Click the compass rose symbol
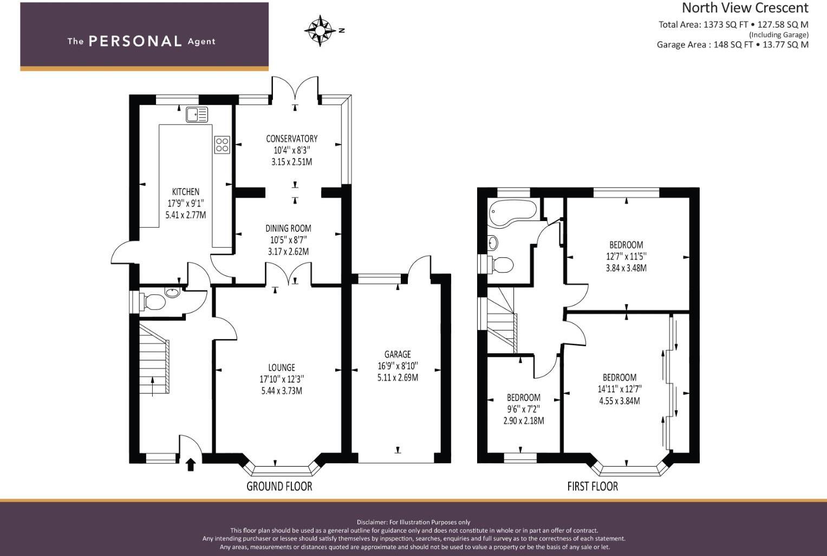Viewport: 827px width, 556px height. (x=320, y=31)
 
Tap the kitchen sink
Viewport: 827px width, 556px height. (x=197, y=114)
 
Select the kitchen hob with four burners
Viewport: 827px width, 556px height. (x=222, y=145)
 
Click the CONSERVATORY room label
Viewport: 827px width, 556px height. (x=292, y=139)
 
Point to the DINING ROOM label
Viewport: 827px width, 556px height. (x=288, y=228)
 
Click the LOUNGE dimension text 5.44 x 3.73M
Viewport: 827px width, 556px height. (x=282, y=391)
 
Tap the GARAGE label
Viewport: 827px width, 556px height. (x=398, y=354)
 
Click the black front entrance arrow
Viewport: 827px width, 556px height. (x=191, y=464)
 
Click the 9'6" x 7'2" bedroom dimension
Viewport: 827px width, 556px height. (x=524, y=409)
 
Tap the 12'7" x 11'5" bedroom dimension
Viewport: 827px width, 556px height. (x=626, y=256)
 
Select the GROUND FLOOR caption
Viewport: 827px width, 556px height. (x=279, y=486)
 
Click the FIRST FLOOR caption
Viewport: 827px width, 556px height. (x=592, y=486)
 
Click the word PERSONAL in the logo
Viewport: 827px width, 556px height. (x=135, y=41)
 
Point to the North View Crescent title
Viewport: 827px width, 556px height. (x=745, y=8)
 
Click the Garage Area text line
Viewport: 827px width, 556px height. (x=732, y=44)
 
